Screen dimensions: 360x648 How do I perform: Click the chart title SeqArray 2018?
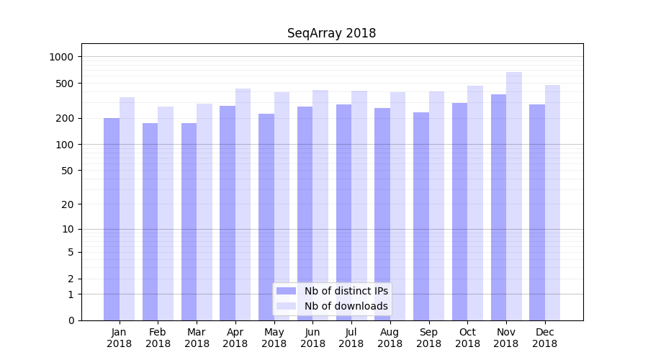point(331,33)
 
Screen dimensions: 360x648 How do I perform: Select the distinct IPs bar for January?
point(112,219)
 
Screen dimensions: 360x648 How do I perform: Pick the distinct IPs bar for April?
point(228,213)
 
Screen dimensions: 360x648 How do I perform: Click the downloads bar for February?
point(166,213)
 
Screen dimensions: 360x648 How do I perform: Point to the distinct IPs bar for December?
point(537,212)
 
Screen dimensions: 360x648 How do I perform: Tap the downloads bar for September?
point(436,206)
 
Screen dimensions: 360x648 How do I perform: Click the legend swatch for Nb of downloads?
point(287,306)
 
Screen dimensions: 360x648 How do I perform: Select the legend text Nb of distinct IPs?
point(346,291)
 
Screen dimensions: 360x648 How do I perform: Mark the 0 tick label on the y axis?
point(71,320)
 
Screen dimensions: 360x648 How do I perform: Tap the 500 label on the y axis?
point(66,84)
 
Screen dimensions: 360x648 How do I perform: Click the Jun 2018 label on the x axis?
point(312,338)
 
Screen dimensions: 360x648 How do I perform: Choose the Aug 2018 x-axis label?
point(390,338)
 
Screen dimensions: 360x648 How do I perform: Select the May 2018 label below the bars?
point(274,338)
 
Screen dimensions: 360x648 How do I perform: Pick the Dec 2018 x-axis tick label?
point(544,338)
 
